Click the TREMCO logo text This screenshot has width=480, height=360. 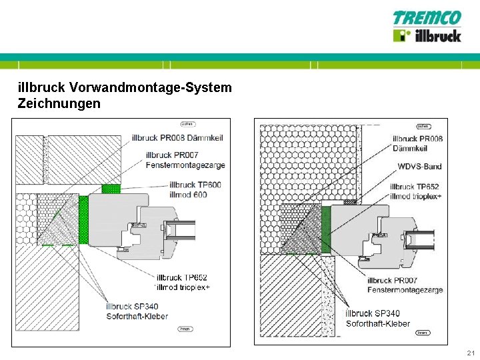point(427,18)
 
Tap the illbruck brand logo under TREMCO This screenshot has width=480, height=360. point(427,35)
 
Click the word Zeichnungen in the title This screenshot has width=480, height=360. point(59,103)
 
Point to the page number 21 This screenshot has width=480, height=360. point(471,353)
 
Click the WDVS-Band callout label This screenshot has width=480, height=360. point(419,167)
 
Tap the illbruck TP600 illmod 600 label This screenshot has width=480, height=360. point(189,189)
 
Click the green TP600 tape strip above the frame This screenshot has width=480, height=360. point(110,189)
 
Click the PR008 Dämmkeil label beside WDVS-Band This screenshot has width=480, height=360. point(418,143)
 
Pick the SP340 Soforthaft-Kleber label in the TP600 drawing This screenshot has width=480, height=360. point(137,311)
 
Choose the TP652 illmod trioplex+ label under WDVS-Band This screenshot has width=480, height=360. point(415,191)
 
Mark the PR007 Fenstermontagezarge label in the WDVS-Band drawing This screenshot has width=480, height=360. point(405,285)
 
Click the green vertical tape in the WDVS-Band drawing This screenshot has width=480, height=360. point(326,229)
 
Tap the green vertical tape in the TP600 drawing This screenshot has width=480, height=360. point(83,219)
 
